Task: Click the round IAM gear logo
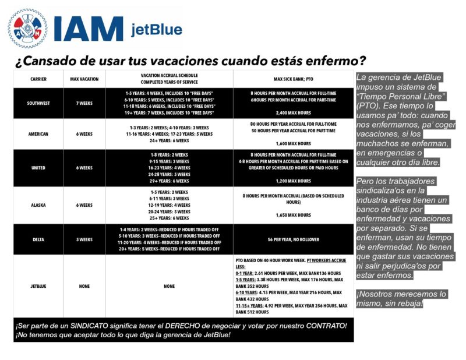pos(27,28)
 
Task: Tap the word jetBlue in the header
pos(156,30)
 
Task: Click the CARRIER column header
pos(38,79)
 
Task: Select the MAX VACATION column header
pos(84,79)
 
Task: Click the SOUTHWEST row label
pos(38,103)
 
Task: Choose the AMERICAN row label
pos(38,134)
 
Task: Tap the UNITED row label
pos(38,168)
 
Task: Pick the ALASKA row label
pos(38,205)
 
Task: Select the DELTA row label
pos(38,239)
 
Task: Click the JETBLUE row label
pos(38,286)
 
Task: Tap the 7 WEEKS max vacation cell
pos(84,103)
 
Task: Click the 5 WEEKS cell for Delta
pos(84,239)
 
